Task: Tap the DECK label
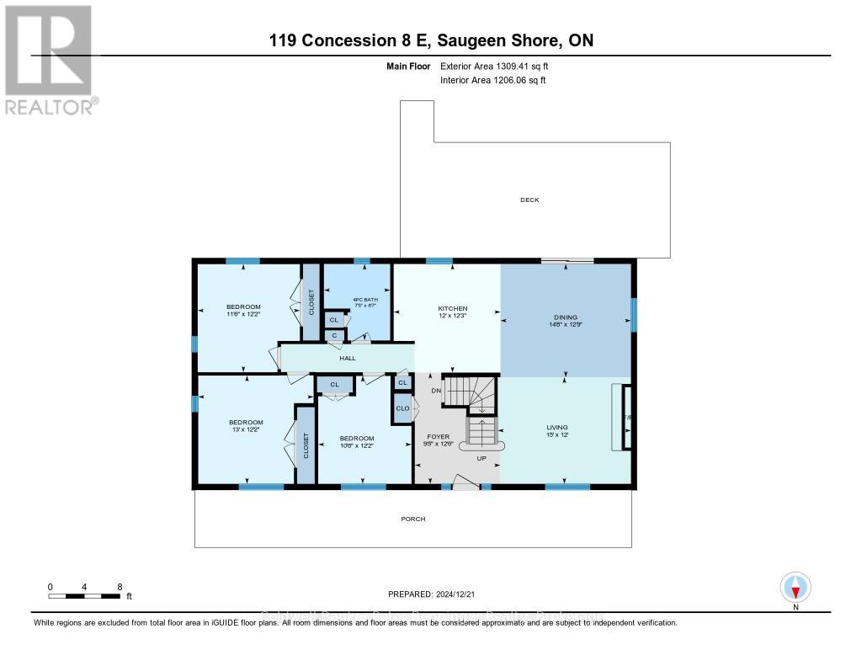(x=529, y=200)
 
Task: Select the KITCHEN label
(x=452, y=309)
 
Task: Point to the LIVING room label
(x=557, y=428)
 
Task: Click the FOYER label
(x=438, y=437)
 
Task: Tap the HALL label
(x=347, y=358)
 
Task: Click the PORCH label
(x=412, y=519)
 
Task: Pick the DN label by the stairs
(x=435, y=390)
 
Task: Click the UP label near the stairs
(x=482, y=459)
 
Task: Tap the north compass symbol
(x=795, y=586)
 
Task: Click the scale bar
(x=84, y=596)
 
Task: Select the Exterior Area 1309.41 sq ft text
(x=495, y=66)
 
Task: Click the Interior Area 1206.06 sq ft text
(x=493, y=80)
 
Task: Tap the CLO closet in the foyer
(x=402, y=408)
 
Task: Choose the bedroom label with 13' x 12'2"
(x=246, y=426)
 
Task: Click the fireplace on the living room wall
(x=624, y=418)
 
